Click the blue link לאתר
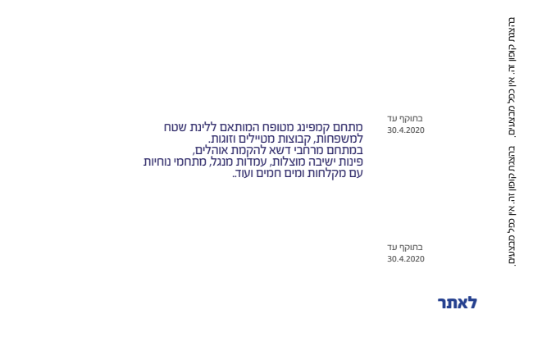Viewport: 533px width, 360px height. click(458, 303)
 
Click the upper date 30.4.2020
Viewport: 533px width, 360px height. click(406, 130)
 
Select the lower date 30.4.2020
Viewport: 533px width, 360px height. click(406, 258)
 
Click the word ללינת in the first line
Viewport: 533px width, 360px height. click(203, 128)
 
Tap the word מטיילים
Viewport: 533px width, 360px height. click(262, 139)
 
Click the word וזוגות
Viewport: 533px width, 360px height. click(225, 139)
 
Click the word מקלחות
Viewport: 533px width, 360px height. click(326, 173)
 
